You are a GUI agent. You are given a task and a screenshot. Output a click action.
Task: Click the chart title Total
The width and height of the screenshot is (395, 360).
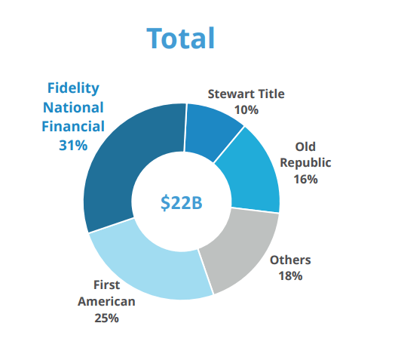181,38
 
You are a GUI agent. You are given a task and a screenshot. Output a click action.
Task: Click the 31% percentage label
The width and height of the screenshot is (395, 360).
73,145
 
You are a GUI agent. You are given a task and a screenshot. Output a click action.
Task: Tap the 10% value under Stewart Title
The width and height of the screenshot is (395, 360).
246,109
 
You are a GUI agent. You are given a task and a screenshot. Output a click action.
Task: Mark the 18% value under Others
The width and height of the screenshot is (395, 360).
289,275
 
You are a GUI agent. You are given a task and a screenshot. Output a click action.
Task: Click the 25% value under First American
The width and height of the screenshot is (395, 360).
106,318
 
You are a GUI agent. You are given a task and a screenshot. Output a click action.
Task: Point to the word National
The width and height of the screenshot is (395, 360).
73,106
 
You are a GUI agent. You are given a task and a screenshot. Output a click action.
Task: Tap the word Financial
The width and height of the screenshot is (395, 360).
73,125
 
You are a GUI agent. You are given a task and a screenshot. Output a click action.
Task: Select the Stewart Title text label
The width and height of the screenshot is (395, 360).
246,94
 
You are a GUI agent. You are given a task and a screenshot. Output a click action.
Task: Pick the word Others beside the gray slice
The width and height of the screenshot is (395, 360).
289,260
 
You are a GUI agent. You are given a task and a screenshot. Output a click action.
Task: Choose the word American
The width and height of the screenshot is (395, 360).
106,301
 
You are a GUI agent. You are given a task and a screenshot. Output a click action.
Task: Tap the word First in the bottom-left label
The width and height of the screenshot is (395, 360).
106,285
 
